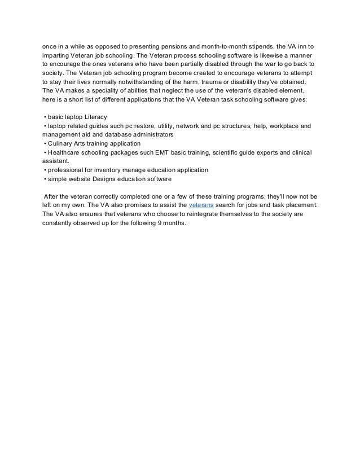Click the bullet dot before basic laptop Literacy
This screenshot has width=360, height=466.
click(x=45, y=117)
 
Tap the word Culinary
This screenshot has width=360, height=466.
click(x=62, y=143)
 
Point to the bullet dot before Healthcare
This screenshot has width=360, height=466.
click(x=45, y=152)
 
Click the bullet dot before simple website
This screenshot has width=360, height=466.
click(x=45, y=179)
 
